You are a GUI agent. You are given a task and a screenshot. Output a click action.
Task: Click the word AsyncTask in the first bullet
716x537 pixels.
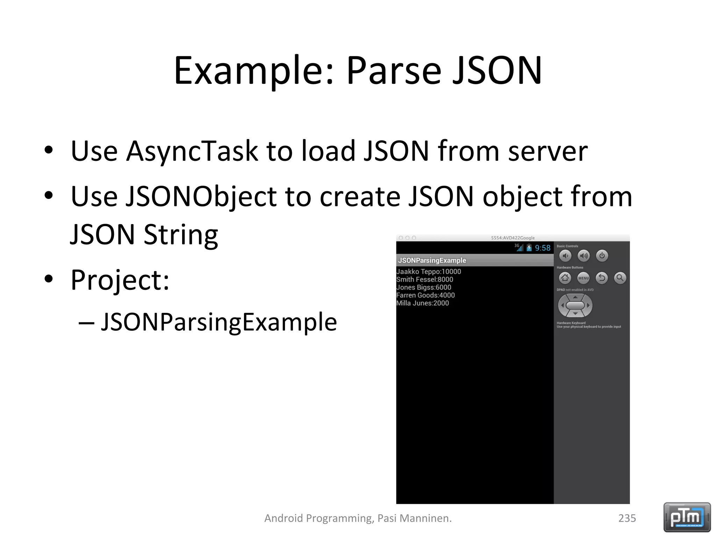pos(192,151)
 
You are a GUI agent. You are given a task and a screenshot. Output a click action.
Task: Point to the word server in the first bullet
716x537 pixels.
pos(547,151)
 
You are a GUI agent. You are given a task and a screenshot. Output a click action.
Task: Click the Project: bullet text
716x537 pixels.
pos(120,280)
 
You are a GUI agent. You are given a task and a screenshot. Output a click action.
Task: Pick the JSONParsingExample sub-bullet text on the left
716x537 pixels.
pos(219,322)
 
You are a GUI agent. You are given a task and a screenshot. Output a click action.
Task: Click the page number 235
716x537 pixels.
pos(627,518)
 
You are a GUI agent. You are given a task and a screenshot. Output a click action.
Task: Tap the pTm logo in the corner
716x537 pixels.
pos(687,517)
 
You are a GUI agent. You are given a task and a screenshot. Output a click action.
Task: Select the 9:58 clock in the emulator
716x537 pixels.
pos(543,248)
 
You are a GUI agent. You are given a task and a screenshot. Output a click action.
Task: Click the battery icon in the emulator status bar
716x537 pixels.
pos(529,248)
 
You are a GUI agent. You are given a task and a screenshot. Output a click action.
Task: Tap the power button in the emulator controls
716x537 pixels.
pos(602,256)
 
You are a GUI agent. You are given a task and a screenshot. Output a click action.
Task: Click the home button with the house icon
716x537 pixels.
pos(565,278)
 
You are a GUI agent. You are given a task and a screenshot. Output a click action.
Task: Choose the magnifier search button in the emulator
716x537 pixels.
pos(620,278)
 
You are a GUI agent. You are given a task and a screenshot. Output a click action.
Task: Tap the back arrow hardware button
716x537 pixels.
pos(602,278)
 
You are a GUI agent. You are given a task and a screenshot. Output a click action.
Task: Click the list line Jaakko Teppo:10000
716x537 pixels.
pos(429,272)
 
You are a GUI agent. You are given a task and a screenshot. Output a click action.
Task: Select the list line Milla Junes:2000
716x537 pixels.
pos(422,303)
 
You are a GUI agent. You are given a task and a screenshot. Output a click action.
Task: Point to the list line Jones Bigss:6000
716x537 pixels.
pos(423,287)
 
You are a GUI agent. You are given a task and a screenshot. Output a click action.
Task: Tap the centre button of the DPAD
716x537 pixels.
pos(575,305)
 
